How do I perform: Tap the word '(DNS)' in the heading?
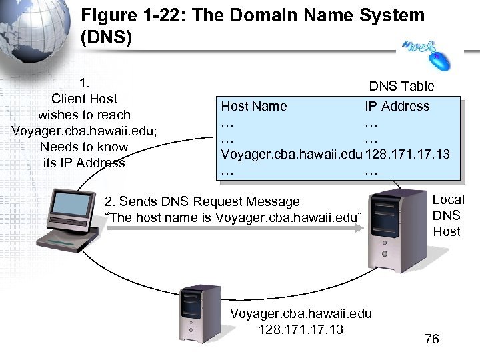tap(106, 38)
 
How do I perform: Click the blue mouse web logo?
tap(427, 53)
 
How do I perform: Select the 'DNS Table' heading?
tap(401, 86)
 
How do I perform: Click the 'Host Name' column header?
tap(254, 106)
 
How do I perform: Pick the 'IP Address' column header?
tap(397, 106)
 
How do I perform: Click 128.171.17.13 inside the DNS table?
tap(407, 154)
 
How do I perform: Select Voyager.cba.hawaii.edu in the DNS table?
tap(291, 154)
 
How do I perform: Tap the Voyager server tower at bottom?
tap(198, 313)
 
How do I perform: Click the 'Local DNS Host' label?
tap(447, 215)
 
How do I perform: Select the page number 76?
tap(432, 339)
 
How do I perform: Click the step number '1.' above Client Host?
tap(84, 83)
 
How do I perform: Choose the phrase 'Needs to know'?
tap(84, 147)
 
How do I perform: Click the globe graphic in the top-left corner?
tap(30, 33)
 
